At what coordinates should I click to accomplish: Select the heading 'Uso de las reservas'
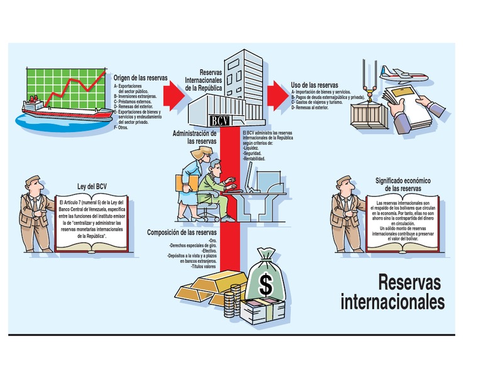pos(314,85)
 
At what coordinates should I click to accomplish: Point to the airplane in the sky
pos(402,77)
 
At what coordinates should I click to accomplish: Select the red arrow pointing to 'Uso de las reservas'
pos(275,95)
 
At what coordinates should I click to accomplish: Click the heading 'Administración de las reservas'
pos(195,137)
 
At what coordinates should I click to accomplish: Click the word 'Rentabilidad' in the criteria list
pos(254,159)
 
